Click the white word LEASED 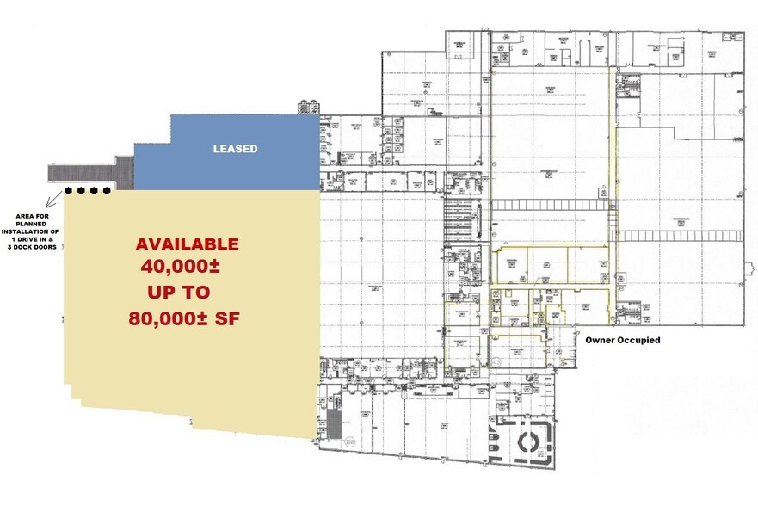pyautogui.click(x=235, y=149)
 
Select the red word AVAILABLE pyautogui.click(x=187, y=244)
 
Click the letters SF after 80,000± pyautogui.click(x=227, y=318)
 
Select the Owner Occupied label pyautogui.click(x=623, y=341)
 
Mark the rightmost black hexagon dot pyautogui.click(x=107, y=190)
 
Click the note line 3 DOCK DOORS pyautogui.click(x=31, y=248)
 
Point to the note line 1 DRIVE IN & pyautogui.click(x=31, y=240)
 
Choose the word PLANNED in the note pyautogui.click(x=31, y=225)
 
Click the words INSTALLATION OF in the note pyautogui.click(x=31, y=232)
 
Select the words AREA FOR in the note pyautogui.click(x=31, y=217)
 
